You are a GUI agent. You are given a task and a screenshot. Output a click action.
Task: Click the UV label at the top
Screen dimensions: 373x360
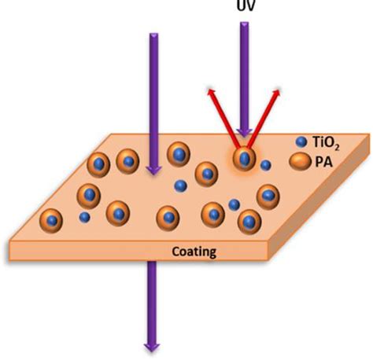point(246,6)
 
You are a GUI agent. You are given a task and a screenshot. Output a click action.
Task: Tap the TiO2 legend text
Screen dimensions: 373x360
point(326,143)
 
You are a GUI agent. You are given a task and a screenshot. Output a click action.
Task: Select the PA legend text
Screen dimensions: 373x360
point(323,162)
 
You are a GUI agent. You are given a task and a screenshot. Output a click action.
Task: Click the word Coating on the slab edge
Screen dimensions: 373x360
point(194,252)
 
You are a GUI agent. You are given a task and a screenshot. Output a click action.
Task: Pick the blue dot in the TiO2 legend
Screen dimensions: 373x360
point(301,142)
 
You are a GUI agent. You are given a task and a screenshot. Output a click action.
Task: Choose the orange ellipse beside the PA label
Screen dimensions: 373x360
point(300,162)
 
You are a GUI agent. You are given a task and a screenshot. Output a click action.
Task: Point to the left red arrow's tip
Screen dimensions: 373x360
point(209,90)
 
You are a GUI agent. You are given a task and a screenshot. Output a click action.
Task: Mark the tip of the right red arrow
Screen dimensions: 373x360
point(279,90)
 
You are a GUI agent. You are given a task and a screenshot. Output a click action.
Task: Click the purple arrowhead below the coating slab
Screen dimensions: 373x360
point(152,347)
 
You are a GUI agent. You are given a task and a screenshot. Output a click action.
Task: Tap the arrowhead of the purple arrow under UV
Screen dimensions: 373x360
point(244,133)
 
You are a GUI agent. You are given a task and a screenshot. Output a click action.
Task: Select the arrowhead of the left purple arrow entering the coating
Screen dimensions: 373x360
point(153,171)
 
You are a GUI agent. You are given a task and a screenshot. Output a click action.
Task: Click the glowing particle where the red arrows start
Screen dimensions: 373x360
point(244,158)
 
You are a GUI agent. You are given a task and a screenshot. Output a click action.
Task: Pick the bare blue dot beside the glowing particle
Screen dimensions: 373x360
point(265,165)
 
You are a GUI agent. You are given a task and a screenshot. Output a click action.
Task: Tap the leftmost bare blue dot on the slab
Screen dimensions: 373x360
point(84,217)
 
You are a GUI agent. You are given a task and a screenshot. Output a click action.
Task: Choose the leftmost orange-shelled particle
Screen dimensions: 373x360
point(51,221)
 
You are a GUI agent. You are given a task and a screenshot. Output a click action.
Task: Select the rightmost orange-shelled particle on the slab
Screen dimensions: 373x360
point(268,197)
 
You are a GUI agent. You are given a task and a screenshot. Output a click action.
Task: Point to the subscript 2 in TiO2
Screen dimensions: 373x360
point(337,148)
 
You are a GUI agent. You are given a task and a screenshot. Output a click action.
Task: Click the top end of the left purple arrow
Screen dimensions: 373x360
point(154,34)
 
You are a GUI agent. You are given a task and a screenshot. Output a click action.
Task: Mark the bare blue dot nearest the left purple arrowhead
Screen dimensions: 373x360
point(180,186)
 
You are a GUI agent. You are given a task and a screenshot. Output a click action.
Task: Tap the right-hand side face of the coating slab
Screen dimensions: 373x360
point(320,198)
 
